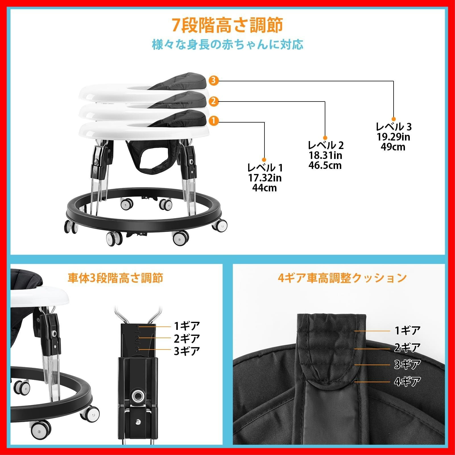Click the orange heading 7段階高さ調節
[227, 25]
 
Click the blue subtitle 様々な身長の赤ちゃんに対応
[227, 45]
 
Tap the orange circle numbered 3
[214, 80]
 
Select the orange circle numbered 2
[214, 101]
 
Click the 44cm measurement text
[264, 188]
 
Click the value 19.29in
[393, 137]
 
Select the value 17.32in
[265, 178]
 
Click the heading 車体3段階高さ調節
[115, 278]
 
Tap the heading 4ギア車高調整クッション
[342, 278]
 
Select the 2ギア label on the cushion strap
[407, 348]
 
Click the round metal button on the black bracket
[138, 395]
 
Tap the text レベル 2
[326, 145]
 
